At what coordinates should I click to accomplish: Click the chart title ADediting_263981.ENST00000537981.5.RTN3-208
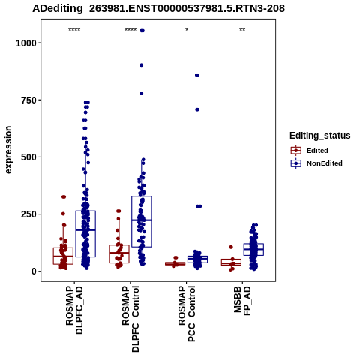[x=158, y=8]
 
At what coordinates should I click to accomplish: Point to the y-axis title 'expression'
[x=8, y=150]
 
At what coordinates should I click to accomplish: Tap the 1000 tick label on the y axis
[x=26, y=43]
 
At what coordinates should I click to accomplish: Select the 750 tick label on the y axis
[x=29, y=100]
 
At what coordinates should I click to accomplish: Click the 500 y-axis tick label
[x=29, y=157]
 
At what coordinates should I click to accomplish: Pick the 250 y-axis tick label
[x=29, y=214]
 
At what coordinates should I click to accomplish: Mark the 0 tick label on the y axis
[x=34, y=271]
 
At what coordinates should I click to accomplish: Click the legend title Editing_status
[x=320, y=136]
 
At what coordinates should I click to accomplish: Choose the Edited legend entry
[x=317, y=151]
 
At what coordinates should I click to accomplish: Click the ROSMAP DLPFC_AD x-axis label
[x=74, y=310]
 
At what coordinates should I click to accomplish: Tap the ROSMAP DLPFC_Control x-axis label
[x=130, y=319]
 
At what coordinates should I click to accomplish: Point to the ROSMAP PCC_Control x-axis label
[x=187, y=313]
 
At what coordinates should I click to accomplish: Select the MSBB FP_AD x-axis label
[x=242, y=301]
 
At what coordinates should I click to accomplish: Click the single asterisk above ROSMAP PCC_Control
[x=187, y=30]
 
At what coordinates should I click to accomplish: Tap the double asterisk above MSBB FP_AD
[x=242, y=30]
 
